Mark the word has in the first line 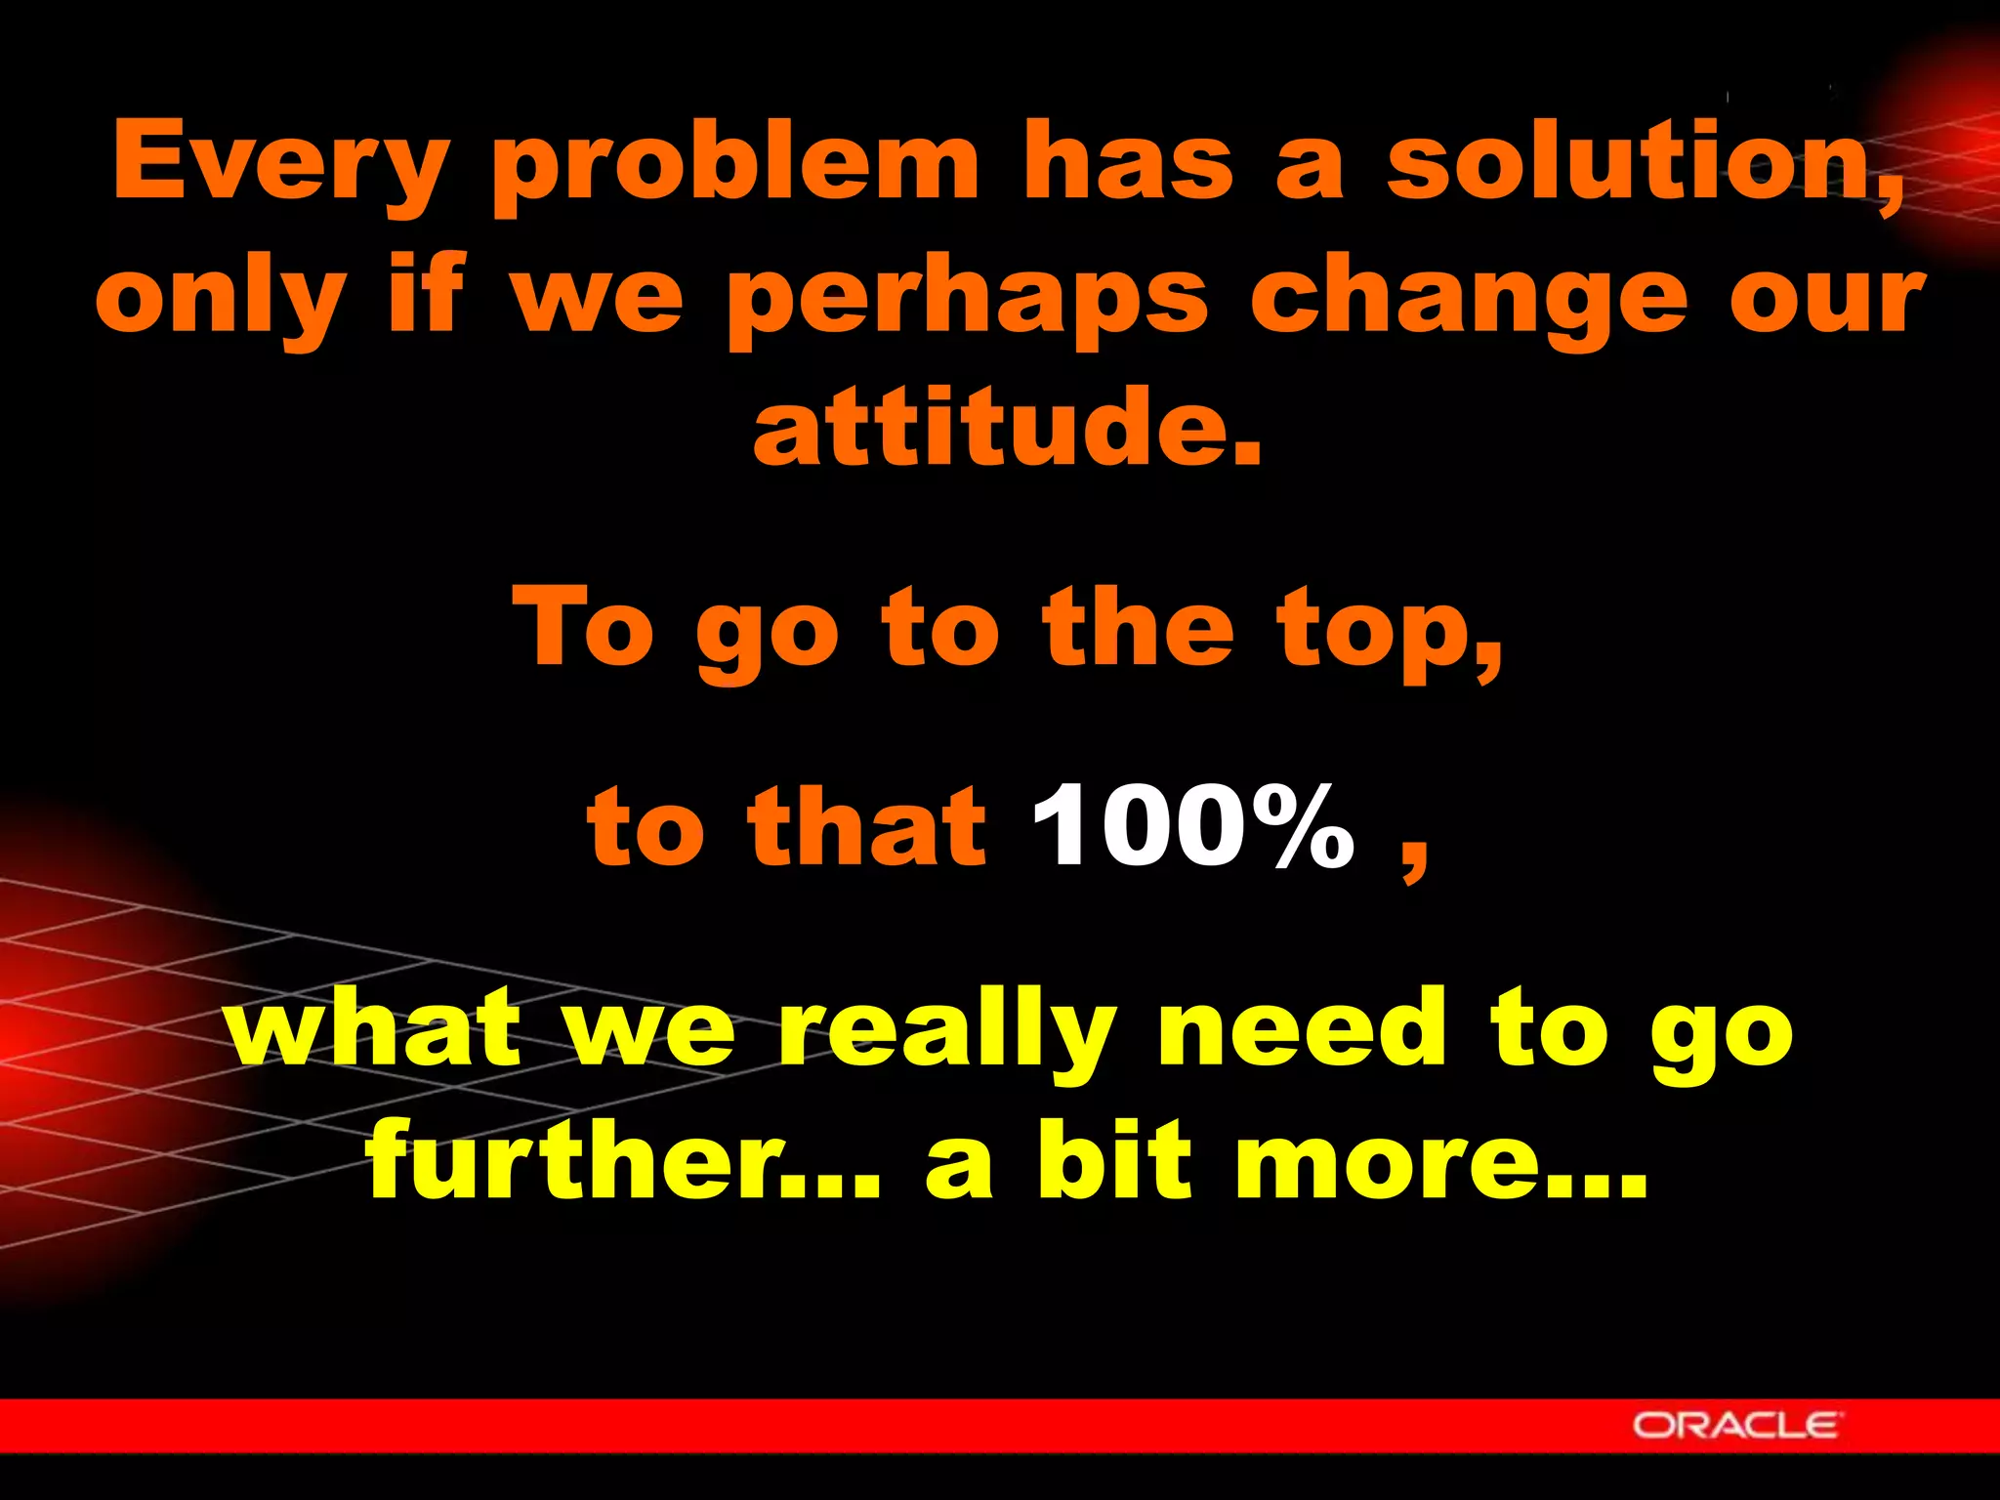1127,161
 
